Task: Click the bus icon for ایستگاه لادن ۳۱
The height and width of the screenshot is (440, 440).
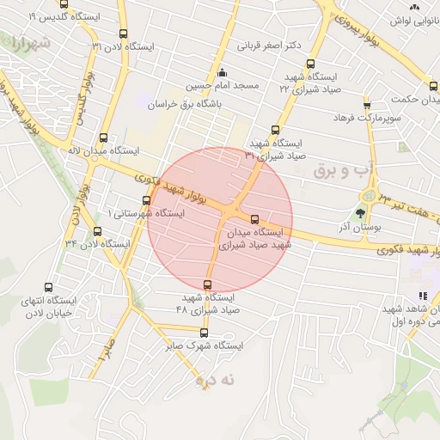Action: [x=123, y=34]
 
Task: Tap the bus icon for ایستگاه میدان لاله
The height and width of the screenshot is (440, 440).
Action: [x=104, y=137]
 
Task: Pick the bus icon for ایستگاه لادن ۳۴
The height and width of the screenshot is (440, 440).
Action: [x=97, y=231]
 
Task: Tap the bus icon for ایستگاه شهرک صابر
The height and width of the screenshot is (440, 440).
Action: [x=204, y=333]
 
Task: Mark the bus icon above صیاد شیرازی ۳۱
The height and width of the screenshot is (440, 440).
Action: [x=275, y=130]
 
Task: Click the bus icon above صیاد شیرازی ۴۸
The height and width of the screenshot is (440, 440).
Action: [x=207, y=284]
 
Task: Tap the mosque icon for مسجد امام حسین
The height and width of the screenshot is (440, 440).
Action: [x=223, y=72]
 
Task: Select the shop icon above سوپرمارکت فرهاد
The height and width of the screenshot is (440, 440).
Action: [x=367, y=102]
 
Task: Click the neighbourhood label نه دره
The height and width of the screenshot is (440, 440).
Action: [x=214, y=378]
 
